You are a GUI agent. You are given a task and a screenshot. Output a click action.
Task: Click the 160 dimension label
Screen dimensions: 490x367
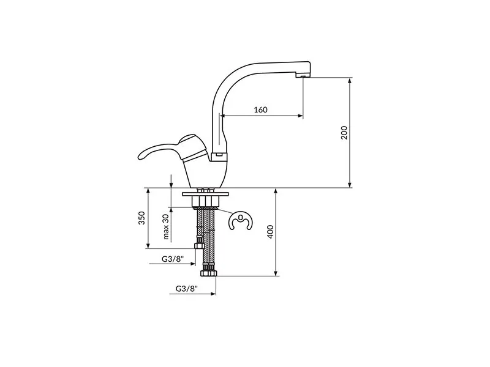(261, 110)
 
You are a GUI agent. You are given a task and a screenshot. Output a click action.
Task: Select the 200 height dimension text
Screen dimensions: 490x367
(344, 133)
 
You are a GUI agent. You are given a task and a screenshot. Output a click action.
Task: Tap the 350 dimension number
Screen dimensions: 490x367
(141, 218)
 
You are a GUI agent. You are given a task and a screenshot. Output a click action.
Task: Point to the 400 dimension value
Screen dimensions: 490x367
(271, 232)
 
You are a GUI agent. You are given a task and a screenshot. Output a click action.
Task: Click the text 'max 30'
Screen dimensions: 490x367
(165, 226)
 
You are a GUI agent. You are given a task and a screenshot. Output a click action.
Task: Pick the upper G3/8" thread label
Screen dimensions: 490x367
(173, 259)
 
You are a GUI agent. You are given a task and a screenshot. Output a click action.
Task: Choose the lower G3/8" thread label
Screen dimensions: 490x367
(187, 289)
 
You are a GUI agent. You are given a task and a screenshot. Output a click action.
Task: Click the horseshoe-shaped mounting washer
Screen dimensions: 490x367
(241, 221)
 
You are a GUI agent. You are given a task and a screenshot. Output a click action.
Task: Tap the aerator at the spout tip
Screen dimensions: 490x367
(303, 76)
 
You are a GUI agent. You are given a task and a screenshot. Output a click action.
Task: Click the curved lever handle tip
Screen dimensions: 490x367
(141, 156)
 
